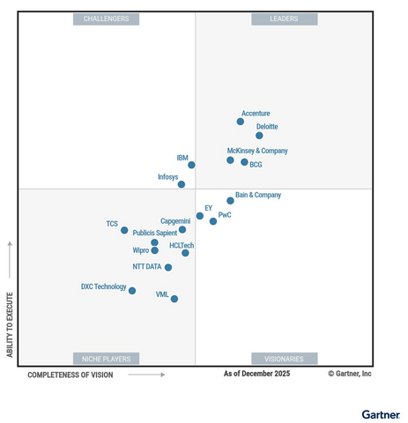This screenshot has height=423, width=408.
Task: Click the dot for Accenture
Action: pyautogui.click(x=241, y=122)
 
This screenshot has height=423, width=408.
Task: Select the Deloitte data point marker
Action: pyautogui.click(x=259, y=136)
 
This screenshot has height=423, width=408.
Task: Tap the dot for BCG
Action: pyautogui.click(x=244, y=162)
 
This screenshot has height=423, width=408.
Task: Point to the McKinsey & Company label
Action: pyautogui.click(x=257, y=151)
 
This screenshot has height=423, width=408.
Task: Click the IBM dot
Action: pyautogui.click(x=191, y=165)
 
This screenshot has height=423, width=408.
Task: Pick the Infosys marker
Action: pyautogui.click(x=182, y=184)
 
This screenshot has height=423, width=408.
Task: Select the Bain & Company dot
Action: pyautogui.click(x=230, y=201)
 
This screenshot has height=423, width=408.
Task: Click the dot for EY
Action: pyautogui.click(x=200, y=216)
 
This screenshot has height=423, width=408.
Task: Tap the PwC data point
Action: pyautogui.click(x=213, y=221)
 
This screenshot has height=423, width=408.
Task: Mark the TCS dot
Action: pyautogui.click(x=124, y=230)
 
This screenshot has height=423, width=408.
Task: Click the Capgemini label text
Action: pyautogui.click(x=174, y=221)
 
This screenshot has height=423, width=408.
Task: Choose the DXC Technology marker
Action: pyautogui.click(x=132, y=291)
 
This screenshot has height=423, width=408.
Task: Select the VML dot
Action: pyautogui.click(x=174, y=299)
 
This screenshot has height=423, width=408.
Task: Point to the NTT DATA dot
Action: pyautogui.click(x=168, y=268)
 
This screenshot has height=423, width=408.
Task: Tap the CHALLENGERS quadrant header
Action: pyautogui.click(x=106, y=19)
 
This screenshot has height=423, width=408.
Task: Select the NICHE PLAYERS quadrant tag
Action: pyautogui.click(x=106, y=359)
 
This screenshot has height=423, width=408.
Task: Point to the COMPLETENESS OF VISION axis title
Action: pyautogui.click(x=70, y=375)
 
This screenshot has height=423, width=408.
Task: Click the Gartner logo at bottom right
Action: pyautogui.click(x=381, y=413)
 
